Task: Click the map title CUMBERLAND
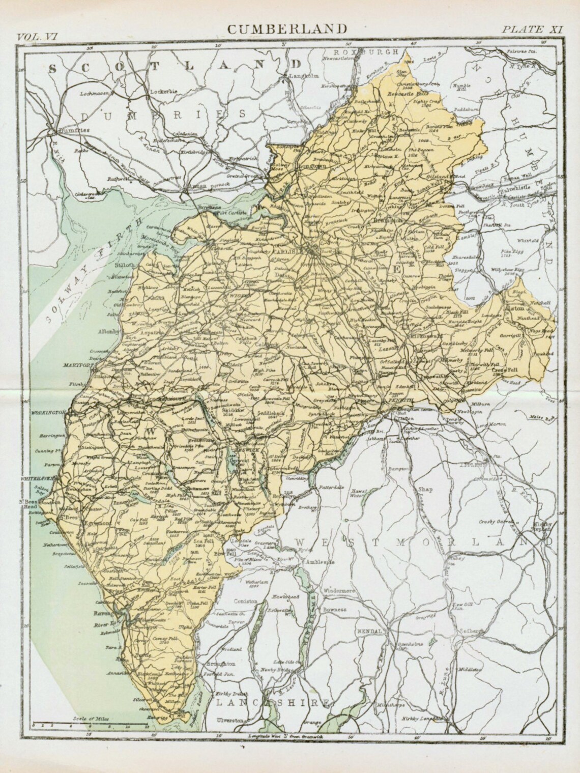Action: [287, 28]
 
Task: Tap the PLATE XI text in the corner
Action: [532, 29]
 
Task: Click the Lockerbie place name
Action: [162, 92]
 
